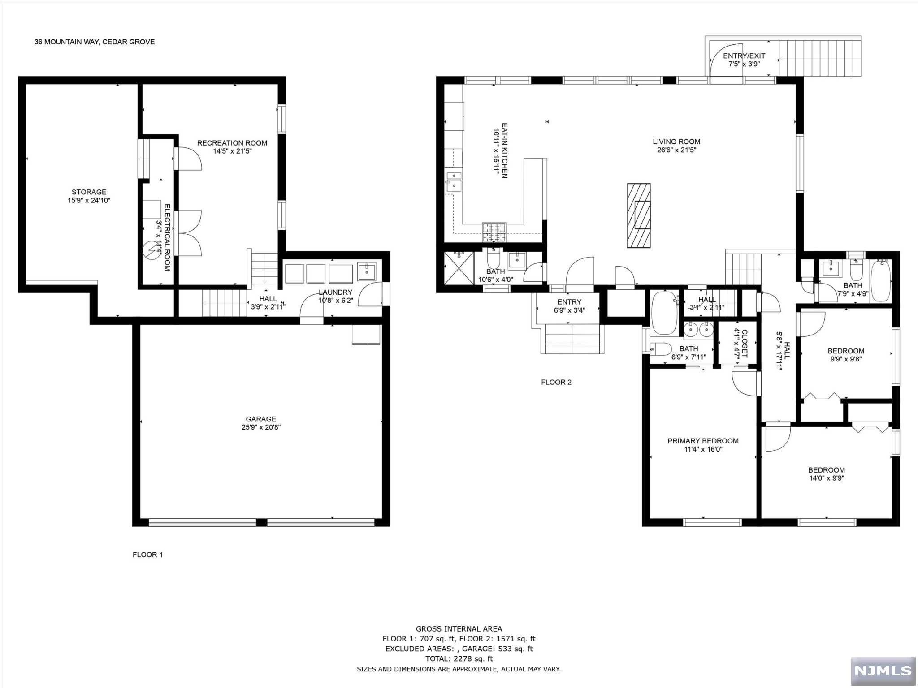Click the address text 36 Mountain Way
pyautogui.click(x=67, y=42)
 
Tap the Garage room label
pyautogui.click(x=261, y=419)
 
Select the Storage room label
pyautogui.click(x=89, y=192)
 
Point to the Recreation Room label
pyautogui.click(x=232, y=143)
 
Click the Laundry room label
pyautogui.click(x=335, y=292)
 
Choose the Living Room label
pyautogui.click(x=676, y=142)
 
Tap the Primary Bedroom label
pyautogui.click(x=703, y=441)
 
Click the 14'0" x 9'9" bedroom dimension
pyautogui.click(x=827, y=478)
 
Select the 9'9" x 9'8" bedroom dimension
pyautogui.click(x=846, y=359)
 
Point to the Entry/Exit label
pyautogui.click(x=744, y=56)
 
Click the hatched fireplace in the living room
pyautogui.click(x=639, y=215)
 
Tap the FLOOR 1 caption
pyautogui.click(x=148, y=555)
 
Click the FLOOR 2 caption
pyautogui.click(x=556, y=382)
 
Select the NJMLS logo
pyautogui.click(x=883, y=671)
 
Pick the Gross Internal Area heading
pyautogui.click(x=459, y=629)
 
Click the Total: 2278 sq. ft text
pyautogui.click(x=459, y=658)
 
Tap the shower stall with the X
pyautogui.click(x=459, y=268)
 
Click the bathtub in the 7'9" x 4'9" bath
pyautogui.click(x=881, y=281)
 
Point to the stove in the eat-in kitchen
pyautogui.click(x=494, y=232)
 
